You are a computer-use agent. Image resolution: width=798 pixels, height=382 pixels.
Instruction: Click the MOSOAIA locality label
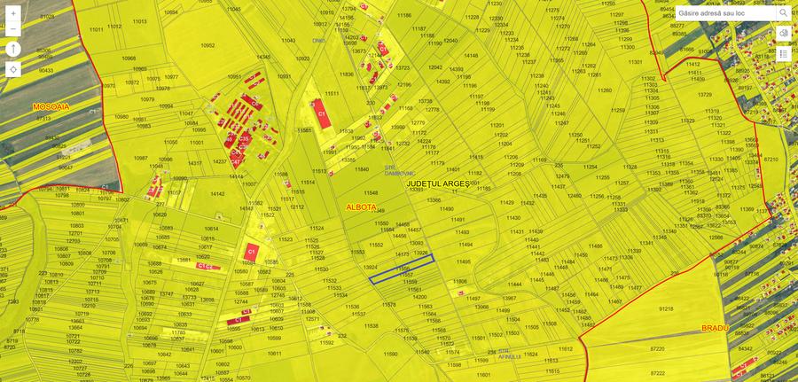51,105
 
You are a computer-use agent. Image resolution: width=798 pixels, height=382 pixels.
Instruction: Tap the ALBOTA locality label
361,207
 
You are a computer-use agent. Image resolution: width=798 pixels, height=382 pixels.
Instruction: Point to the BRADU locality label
714,327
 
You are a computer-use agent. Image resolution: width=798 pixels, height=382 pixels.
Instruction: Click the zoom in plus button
13,14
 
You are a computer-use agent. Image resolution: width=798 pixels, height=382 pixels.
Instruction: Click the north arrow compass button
13,48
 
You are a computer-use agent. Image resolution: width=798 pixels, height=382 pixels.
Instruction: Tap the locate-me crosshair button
13,69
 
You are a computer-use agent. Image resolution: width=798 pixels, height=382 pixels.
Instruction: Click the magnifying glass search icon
783,13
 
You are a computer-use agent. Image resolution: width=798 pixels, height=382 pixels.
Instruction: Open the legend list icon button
784,54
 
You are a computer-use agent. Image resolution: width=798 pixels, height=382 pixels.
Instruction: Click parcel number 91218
667,308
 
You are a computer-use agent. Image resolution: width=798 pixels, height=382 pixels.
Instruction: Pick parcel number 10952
207,44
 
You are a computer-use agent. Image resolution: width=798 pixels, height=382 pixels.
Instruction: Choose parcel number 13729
705,95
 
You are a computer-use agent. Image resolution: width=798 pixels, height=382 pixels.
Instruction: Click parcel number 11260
605,90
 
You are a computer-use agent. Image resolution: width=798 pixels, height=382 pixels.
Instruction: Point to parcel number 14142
216,193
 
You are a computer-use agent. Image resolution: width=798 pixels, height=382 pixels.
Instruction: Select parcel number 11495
464,261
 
